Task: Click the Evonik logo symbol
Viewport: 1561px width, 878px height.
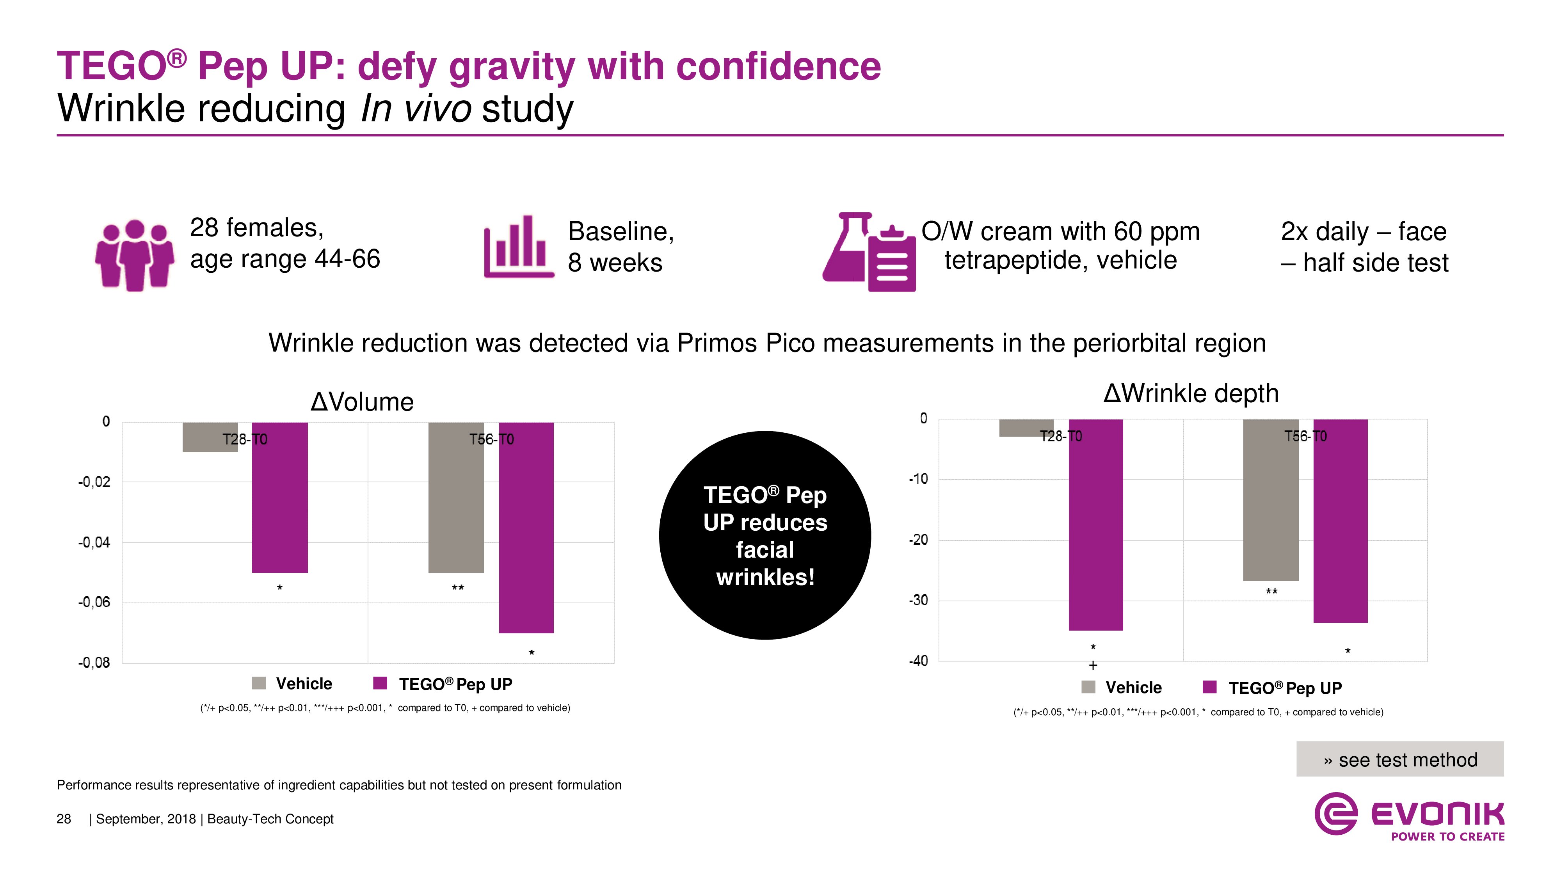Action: pos(1335,813)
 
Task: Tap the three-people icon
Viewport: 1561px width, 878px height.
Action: pos(135,254)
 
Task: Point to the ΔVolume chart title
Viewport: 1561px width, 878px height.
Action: pos(362,402)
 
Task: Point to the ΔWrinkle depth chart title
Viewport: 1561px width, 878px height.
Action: pos(1191,393)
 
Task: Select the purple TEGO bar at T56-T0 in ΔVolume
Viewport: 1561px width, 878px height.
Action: pos(526,527)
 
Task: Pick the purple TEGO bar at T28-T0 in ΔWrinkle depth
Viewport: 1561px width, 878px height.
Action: pos(1095,524)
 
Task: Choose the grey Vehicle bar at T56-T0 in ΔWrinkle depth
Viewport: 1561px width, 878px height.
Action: pos(1271,500)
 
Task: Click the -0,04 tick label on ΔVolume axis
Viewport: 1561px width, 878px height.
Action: pos(94,542)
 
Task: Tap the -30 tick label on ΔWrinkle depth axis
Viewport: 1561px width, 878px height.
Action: pos(918,601)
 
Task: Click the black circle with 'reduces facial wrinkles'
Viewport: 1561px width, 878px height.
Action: pos(765,535)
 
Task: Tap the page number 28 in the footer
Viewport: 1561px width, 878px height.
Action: pos(64,819)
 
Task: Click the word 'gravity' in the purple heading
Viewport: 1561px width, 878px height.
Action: pos(512,67)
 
